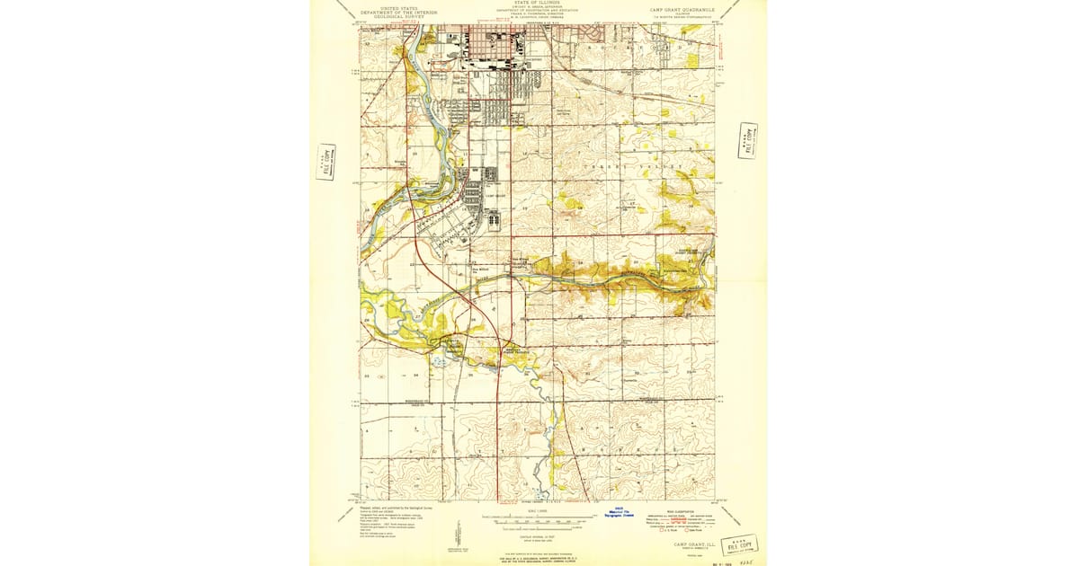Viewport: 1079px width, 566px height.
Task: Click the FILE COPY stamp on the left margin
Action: click(x=325, y=162)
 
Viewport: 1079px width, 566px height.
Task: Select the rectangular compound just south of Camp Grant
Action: click(x=495, y=218)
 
